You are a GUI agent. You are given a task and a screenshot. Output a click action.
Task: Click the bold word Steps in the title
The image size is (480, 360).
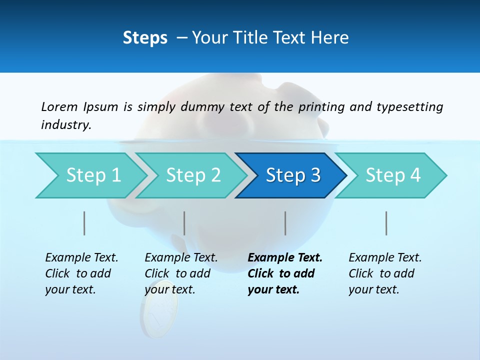[145, 38]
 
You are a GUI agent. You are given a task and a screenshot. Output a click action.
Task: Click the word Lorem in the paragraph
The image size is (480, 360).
[59, 106]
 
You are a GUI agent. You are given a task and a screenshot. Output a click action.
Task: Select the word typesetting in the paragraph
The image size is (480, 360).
[409, 106]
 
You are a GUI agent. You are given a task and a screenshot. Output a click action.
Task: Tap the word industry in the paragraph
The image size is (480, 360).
[66, 124]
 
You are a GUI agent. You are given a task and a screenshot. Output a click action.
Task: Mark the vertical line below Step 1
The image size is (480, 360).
[84, 223]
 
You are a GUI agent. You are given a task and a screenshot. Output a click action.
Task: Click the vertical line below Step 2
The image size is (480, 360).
[184, 223]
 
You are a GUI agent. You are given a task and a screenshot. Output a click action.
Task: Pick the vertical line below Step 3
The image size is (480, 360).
[285, 223]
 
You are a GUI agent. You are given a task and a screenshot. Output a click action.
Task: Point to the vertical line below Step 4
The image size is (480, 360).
[386, 223]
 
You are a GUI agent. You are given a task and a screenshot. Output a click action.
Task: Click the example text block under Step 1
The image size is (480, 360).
[81, 273]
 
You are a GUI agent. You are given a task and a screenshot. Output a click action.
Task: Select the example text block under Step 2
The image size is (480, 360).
[181, 273]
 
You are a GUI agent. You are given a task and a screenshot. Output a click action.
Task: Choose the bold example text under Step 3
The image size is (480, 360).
[285, 273]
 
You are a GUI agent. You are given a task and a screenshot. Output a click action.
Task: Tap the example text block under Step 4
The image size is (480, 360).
[385, 273]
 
